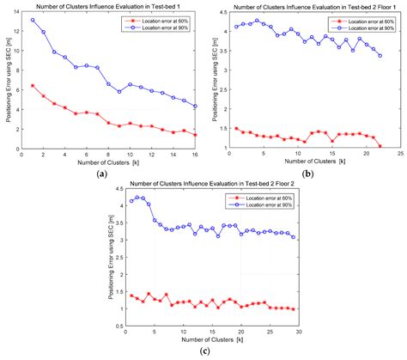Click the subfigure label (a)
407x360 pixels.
coord(103,174)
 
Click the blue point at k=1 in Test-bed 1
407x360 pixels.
coord(33,20)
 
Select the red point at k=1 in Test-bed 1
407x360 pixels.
coord(33,85)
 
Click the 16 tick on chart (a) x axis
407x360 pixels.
coord(195,155)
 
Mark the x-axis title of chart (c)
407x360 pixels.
coord(211,340)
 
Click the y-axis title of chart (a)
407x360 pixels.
coord(6,81)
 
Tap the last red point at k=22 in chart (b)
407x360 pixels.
coord(380,146)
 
